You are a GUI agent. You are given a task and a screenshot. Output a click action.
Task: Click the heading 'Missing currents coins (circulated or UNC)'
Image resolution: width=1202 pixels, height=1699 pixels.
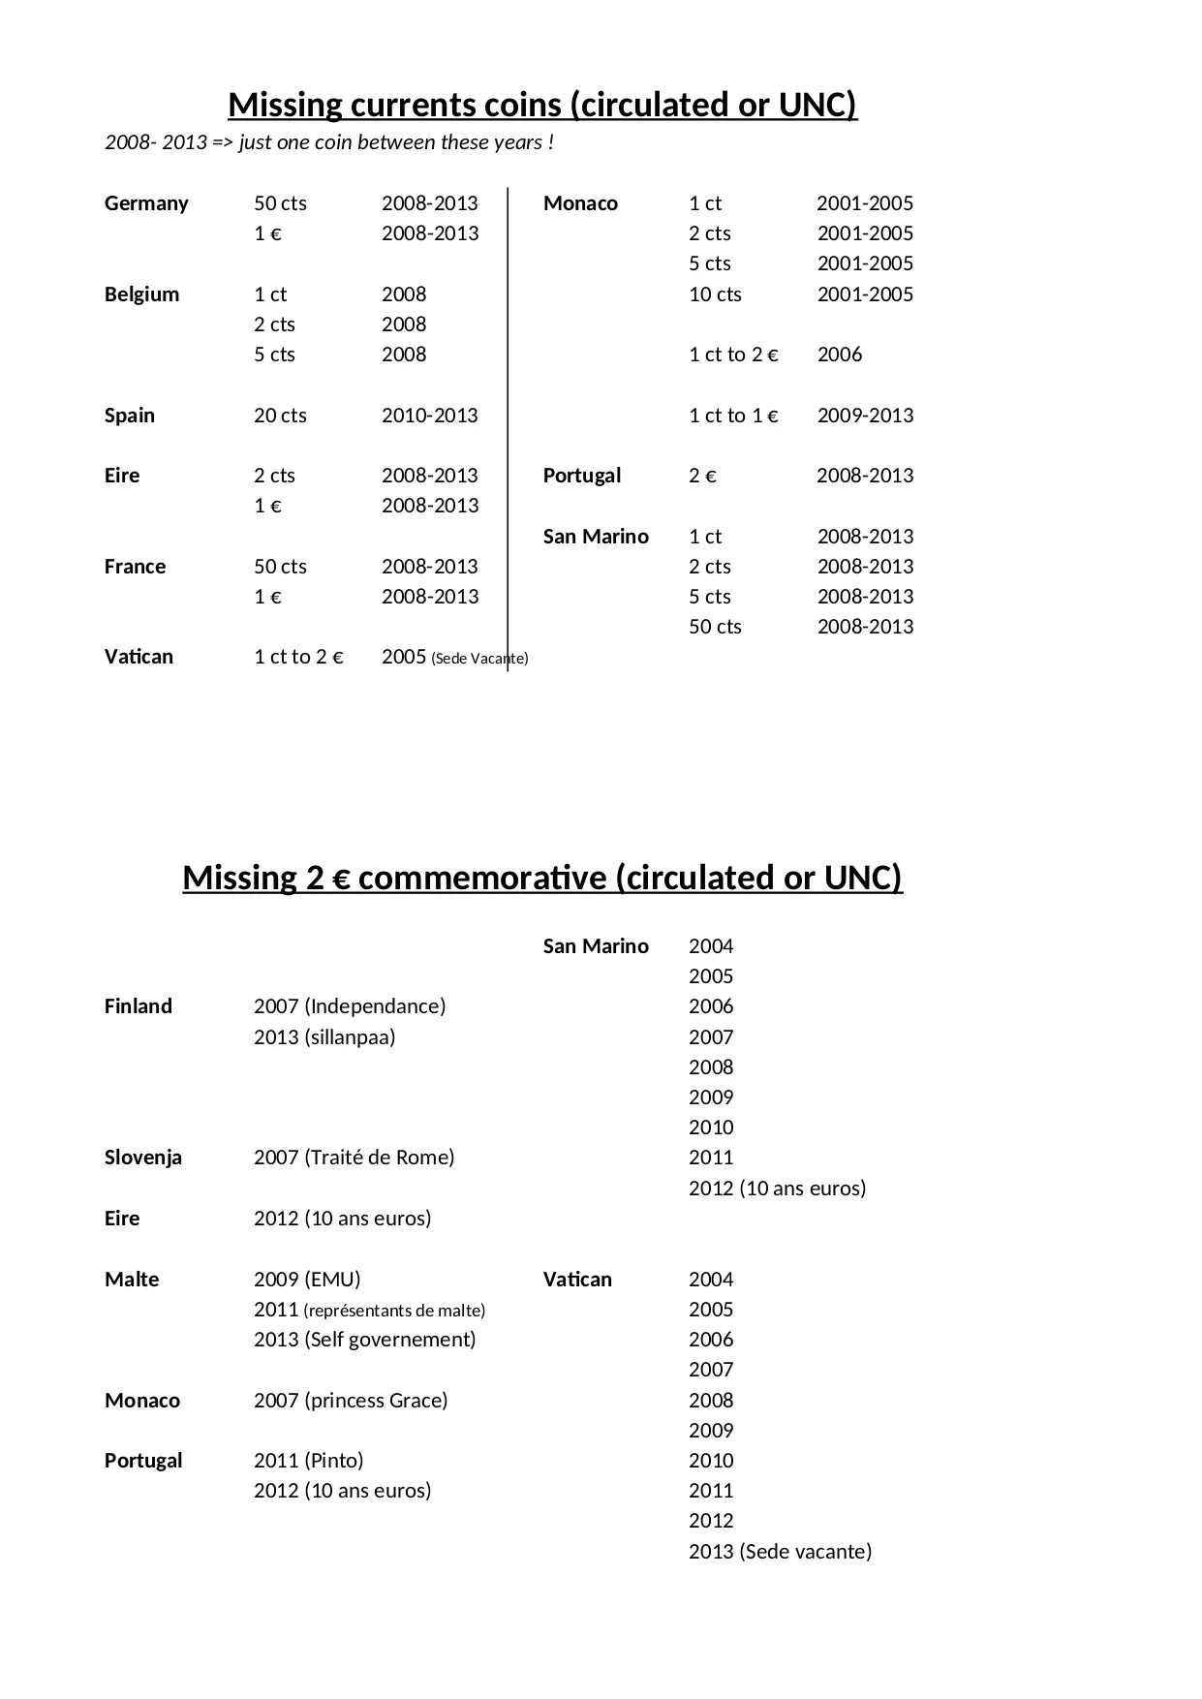(542, 105)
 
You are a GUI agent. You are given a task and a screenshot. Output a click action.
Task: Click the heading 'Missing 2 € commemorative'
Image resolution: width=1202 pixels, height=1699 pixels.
(542, 878)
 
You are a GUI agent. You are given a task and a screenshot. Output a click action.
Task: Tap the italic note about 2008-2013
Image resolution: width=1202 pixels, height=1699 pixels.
(329, 142)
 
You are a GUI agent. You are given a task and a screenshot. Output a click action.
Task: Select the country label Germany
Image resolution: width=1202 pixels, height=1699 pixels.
(146, 203)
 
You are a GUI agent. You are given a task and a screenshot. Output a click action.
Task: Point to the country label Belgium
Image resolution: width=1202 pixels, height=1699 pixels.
(141, 294)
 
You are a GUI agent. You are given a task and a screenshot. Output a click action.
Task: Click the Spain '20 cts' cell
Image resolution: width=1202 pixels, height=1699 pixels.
(280, 416)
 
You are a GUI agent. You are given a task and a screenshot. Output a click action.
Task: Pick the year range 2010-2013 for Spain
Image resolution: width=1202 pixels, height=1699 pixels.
(429, 416)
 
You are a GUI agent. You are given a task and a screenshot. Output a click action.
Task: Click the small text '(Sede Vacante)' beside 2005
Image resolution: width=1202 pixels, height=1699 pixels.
(479, 659)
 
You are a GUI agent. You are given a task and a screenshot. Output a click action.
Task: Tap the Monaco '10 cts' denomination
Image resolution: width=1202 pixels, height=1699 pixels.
(715, 294)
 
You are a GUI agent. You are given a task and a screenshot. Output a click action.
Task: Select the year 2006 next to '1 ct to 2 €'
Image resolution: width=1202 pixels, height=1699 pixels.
(839, 355)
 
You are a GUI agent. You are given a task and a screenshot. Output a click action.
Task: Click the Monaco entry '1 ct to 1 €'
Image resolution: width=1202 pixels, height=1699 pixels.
(733, 416)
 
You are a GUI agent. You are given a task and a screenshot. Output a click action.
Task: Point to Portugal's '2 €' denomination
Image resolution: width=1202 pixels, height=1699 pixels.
(702, 476)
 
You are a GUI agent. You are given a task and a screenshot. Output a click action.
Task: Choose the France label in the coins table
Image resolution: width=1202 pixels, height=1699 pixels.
(135, 567)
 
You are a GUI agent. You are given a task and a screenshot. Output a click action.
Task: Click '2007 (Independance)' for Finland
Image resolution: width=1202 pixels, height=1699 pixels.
(350, 1006)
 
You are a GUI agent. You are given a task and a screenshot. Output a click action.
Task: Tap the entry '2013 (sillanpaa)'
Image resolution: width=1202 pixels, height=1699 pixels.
(324, 1037)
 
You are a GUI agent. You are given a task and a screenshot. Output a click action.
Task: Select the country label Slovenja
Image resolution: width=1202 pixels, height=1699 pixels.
(143, 1158)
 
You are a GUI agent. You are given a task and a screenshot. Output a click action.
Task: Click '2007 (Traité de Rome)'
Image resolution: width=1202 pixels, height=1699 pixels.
(354, 1158)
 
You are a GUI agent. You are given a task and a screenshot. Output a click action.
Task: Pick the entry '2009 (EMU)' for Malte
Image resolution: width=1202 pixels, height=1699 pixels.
(307, 1280)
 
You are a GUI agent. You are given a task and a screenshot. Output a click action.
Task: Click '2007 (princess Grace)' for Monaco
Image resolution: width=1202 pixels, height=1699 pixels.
(351, 1401)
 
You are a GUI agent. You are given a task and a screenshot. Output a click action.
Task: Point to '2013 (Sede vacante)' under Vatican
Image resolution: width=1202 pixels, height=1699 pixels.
(780, 1552)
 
